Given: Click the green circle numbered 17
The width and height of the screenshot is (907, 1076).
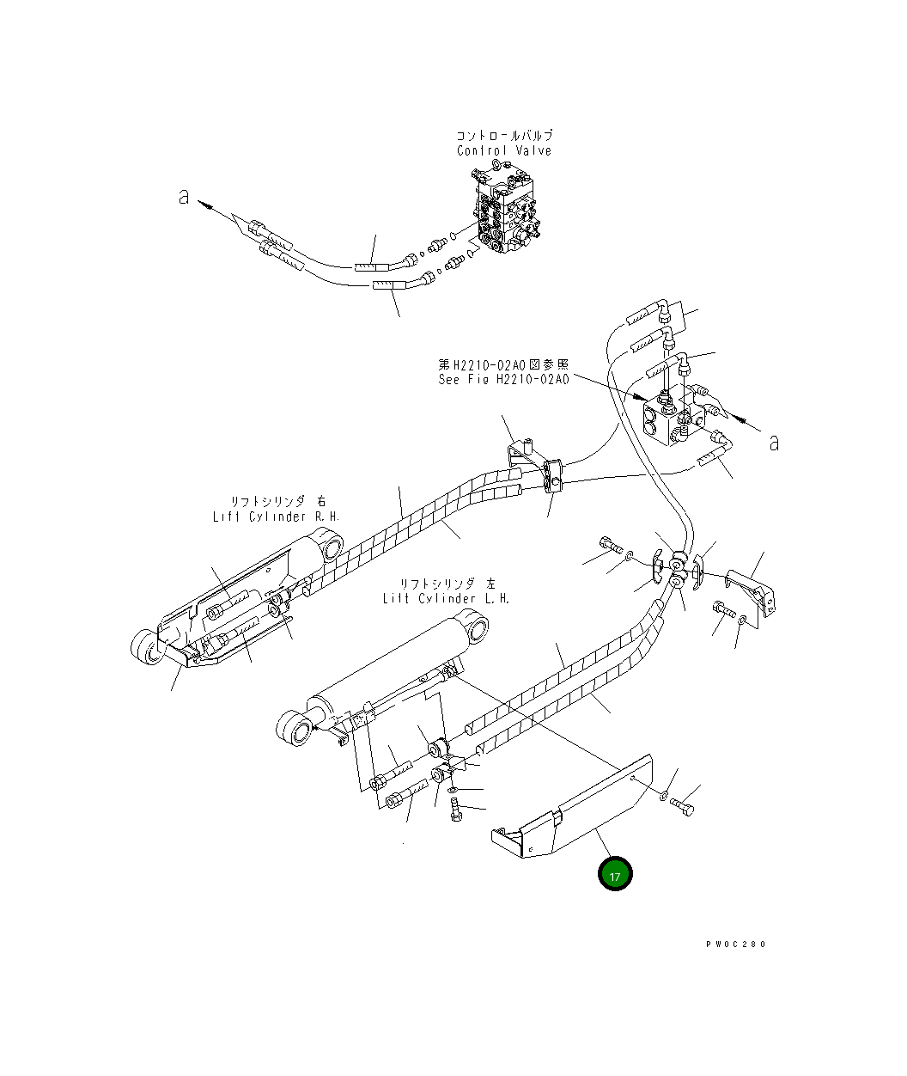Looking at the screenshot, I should tap(615, 875).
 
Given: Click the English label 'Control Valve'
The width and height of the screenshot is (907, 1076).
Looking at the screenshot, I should tap(504, 150).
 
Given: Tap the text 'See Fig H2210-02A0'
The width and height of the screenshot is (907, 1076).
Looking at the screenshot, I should tap(503, 379).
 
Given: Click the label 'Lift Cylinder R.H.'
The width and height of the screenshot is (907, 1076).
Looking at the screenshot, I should tap(277, 517).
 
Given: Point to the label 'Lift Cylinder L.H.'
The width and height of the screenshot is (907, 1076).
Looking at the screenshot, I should tap(446, 598).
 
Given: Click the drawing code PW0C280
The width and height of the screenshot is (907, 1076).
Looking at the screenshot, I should tap(735, 944).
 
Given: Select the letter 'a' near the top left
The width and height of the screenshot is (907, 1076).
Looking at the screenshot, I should tap(183, 197).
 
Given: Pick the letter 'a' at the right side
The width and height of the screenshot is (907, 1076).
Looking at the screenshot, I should tap(774, 443).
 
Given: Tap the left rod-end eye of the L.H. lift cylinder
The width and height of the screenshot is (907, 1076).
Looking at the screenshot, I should tap(294, 729).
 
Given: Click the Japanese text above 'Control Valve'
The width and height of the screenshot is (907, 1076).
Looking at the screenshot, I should tap(504, 136).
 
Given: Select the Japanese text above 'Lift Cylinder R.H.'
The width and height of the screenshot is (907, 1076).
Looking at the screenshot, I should tap(277, 501).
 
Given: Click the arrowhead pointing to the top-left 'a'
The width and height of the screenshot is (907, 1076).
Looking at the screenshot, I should tap(204, 205).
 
